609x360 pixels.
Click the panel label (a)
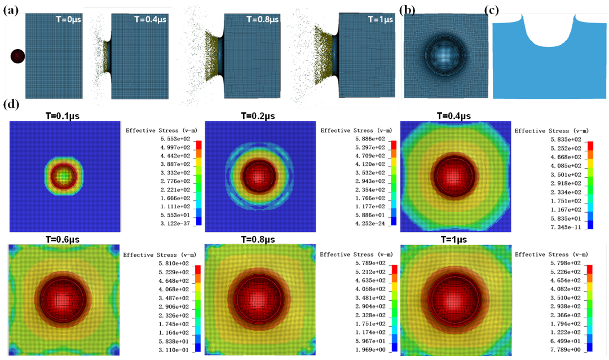pyautogui.click(x=11, y=9)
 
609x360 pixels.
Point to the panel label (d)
pyautogui.click(x=11, y=105)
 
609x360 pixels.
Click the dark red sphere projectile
pyautogui.click(x=17, y=56)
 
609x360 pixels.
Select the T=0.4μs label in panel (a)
pyautogui.click(x=152, y=19)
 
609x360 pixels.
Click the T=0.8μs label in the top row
pyautogui.click(x=263, y=19)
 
